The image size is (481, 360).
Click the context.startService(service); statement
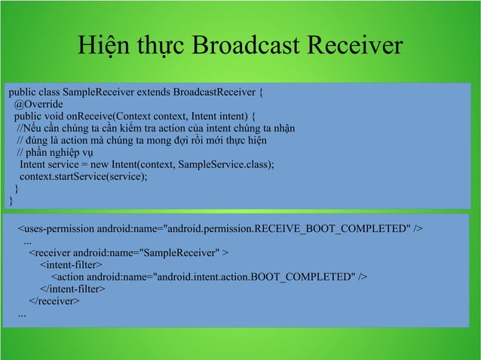tap(84, 176)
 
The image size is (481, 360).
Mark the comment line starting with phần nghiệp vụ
tap(54, 152)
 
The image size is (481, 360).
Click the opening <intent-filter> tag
tap(71, 265)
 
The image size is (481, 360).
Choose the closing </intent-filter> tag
tap(72, 289)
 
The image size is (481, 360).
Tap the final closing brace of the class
tap(11, 200)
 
